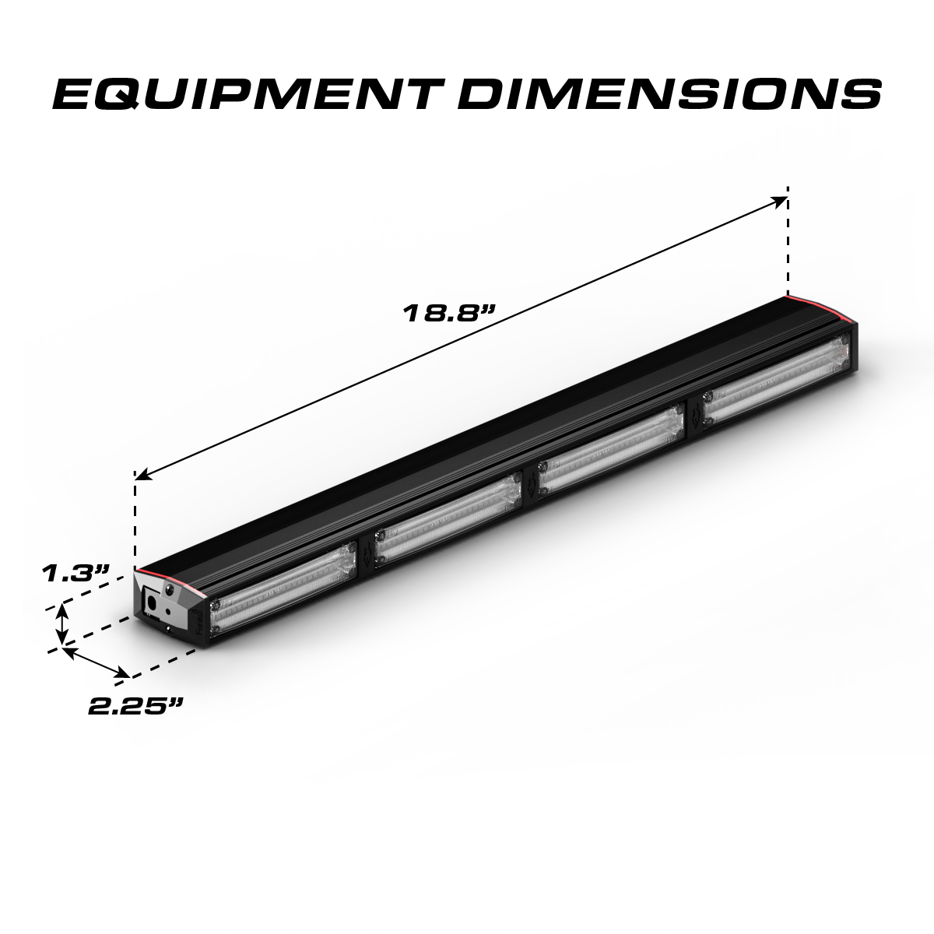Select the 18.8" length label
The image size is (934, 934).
click(448, 314)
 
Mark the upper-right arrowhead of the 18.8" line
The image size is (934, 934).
click(779, 201)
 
